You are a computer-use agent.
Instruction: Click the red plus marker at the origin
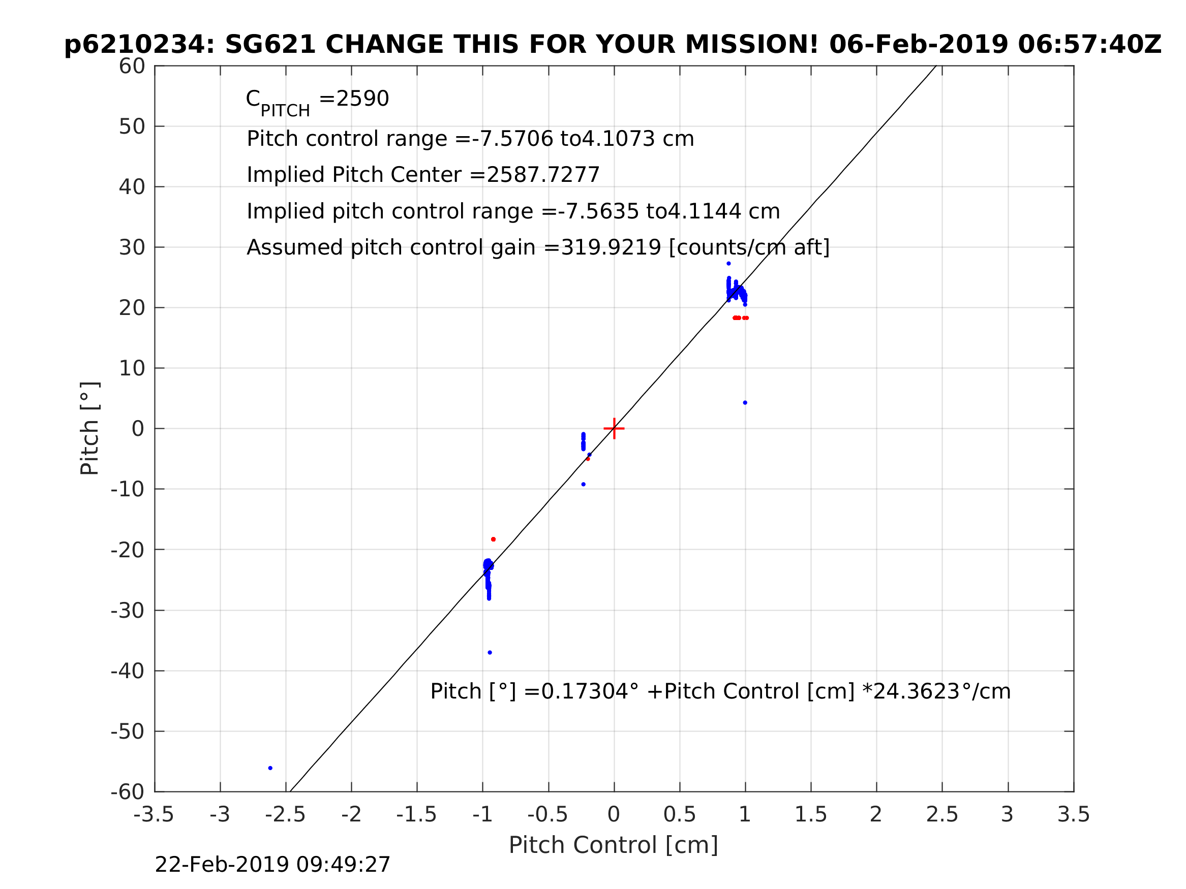614,429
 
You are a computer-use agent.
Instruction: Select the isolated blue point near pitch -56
270,768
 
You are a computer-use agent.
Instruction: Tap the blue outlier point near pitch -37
490,653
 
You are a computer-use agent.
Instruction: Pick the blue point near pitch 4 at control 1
745,403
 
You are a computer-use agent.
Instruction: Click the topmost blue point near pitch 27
728,264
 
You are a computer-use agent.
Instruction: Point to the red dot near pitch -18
493,539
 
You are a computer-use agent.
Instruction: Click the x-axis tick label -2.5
285,815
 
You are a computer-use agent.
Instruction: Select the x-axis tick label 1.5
810,815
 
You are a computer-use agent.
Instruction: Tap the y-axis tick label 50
132,127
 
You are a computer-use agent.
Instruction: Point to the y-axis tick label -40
128,672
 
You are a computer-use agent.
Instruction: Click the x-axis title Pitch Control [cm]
614,845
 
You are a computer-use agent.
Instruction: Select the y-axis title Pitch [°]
89,429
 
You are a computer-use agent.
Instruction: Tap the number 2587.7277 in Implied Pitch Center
542,175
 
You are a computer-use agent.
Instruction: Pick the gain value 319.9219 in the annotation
610,247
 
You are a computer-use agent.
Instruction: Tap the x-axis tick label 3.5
1074,815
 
